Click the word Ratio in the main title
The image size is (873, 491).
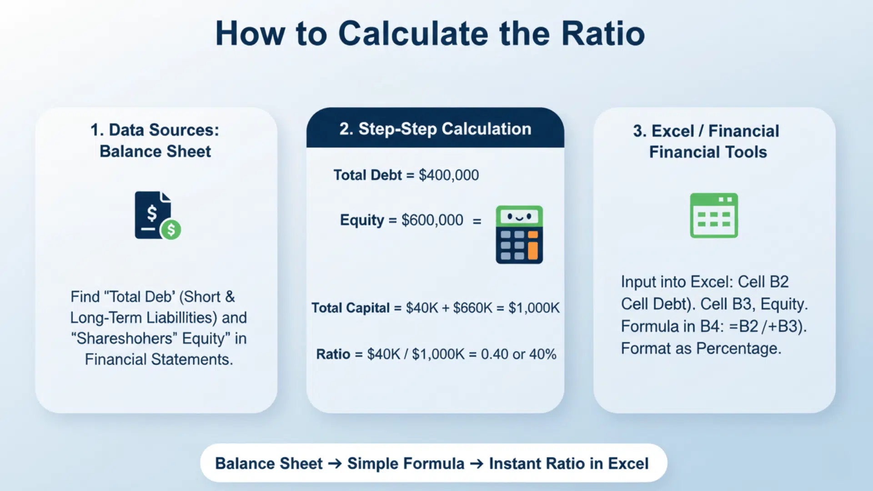tap(603, 34)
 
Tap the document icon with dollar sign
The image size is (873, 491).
tap(153, 215)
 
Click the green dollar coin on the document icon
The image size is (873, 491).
tap(171, 230)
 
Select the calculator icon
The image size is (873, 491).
tap(519, 235)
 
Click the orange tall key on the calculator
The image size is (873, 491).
tap(533, 251)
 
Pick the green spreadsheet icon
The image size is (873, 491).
tap(713, 215)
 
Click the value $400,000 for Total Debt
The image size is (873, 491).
tap(448, 175)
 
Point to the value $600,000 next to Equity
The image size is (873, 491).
tap(432, 220)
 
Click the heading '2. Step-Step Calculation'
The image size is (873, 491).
tap(435, 129)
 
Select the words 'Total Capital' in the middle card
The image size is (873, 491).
tap(351, 308)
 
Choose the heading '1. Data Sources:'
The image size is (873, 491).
tap(155, 130)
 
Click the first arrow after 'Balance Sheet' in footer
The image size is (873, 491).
tap(335, 464)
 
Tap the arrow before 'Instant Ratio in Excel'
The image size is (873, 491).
tap(477, 464)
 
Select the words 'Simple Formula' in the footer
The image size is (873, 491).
tap(406, 464)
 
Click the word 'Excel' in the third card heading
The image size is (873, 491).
tap(672, 131)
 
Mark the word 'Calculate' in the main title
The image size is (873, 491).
tap(413, 34)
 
